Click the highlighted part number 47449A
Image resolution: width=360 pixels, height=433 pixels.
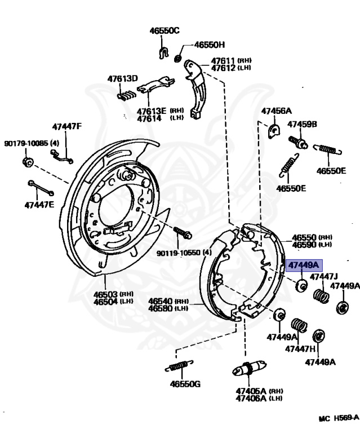[304, 265]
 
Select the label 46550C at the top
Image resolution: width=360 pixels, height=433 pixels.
[164, 31]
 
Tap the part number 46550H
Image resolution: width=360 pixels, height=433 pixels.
[210, 45]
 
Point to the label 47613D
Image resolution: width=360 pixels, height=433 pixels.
[123, 78]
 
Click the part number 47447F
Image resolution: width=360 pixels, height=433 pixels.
[67, 126]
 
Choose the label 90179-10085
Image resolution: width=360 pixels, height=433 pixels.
[27, 143]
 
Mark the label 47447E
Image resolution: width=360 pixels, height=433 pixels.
[39, 204]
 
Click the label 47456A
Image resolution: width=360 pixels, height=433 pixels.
[276, 111]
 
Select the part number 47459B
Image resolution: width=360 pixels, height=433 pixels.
[303, 124]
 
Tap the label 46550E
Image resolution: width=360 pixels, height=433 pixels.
[291, 188]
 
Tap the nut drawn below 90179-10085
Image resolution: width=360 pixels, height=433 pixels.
[26, 163]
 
